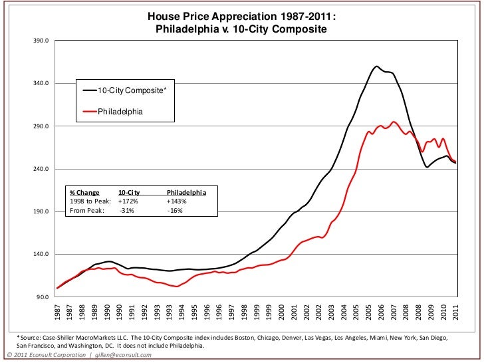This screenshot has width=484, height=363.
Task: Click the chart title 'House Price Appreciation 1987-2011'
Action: (x=241, y=17)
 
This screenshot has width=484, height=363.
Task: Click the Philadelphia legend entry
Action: (x=120, y=111)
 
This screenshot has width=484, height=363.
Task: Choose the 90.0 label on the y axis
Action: (x=43, y=297)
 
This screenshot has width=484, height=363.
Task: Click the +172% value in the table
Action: (x=128, y=201)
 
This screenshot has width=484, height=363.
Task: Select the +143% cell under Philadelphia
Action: (x=178, y=201)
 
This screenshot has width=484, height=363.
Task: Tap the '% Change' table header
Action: (x=84, y=192)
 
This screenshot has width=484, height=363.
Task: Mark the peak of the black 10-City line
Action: (x=376, y=66)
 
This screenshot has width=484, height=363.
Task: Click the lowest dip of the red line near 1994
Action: (x=175, y=287)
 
